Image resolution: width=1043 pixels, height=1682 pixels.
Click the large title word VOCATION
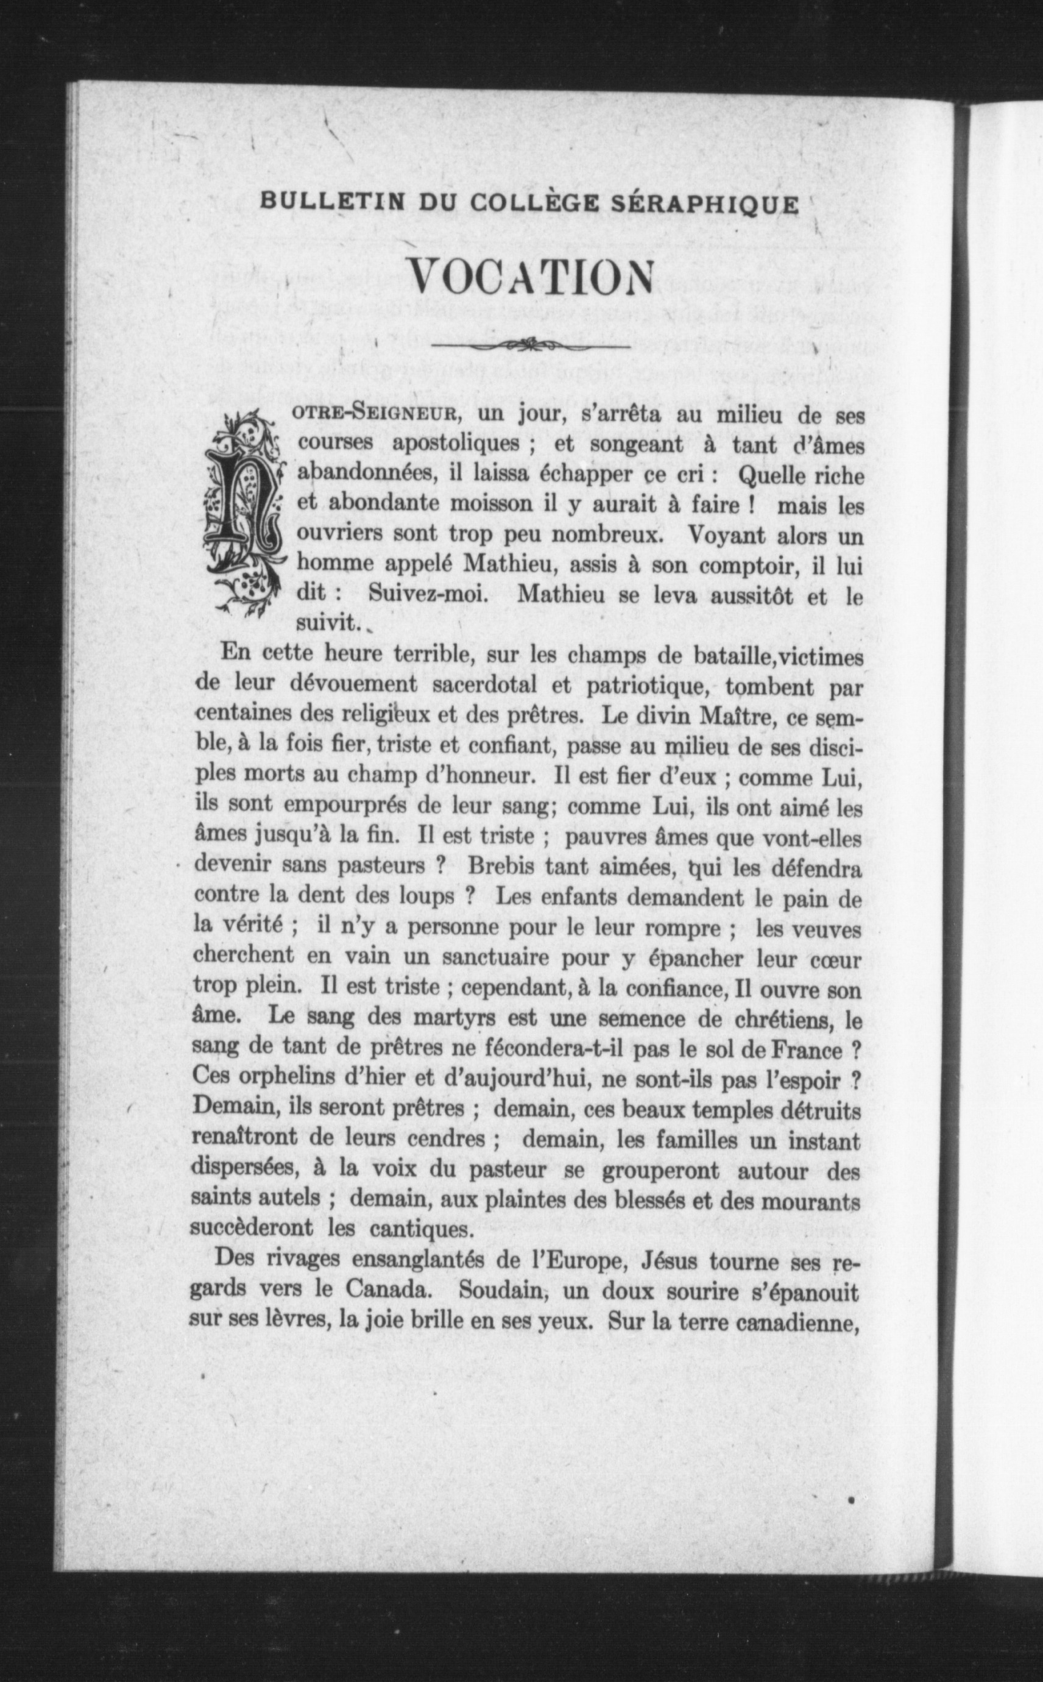pyautogui.click(x=531, y=277)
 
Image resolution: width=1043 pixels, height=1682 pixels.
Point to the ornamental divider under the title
pyautogui.click(x=530, y=343)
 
